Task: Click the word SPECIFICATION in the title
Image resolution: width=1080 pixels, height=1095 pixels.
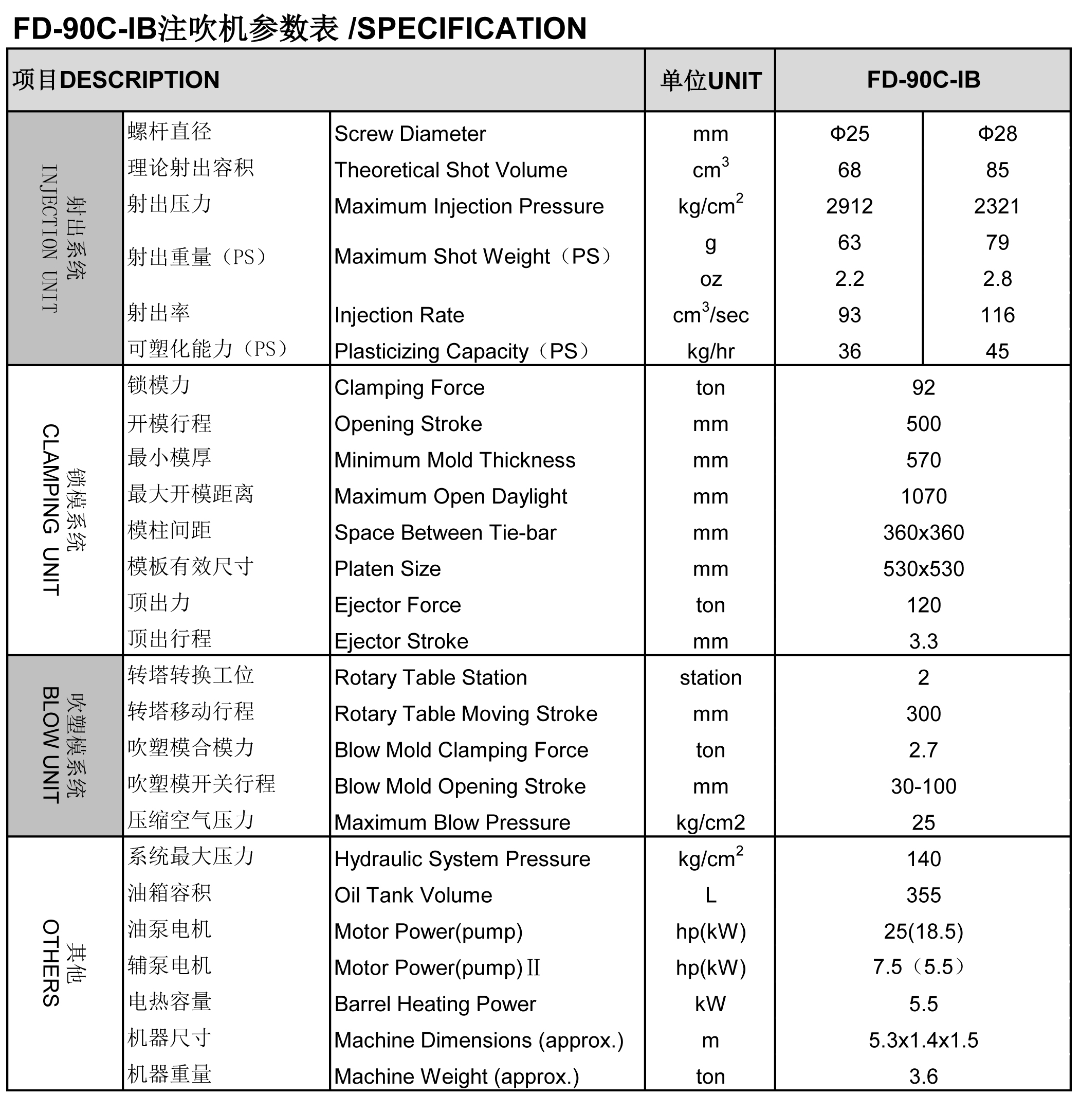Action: click(x=472, y=28)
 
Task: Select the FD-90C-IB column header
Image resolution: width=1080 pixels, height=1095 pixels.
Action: click(x=923, y=80)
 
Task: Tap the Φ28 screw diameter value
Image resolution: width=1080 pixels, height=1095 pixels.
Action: click(x=997, y=134)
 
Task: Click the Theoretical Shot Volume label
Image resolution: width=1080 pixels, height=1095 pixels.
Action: click(x=451, y=170)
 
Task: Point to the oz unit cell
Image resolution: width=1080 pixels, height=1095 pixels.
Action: click(x=710, y=279)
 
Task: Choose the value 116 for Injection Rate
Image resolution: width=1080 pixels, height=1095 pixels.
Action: click(x=997, y=315)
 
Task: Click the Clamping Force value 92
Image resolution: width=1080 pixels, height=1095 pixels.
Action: click(x=923, y=388)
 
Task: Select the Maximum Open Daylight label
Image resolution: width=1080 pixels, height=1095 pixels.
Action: click(x=451, y=496)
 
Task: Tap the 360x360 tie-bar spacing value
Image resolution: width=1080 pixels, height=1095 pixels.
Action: click(x=923, y=533)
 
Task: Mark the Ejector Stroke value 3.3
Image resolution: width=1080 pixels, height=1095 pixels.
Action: click(x=923, y=641)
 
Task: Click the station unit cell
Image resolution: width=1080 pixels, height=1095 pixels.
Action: click(x=710, y=678)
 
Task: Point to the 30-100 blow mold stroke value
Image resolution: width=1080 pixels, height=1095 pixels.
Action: click(x=923, y=787)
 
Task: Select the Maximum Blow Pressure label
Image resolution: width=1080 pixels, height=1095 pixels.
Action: click(x=452, y=823)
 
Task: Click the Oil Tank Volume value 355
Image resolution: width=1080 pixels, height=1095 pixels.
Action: click(x=923, y=895)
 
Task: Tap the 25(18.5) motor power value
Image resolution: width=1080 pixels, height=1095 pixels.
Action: click(x=923, y=932)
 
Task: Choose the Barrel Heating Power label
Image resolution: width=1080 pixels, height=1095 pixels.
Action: click(x=435, y=1004)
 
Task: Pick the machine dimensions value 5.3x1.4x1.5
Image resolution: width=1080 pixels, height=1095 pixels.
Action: click(x=923, y=1040)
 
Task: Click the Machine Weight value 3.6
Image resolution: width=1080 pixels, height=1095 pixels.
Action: click(x=923, y=1076)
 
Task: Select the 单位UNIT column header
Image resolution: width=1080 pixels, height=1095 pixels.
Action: click(x=710, y=80)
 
